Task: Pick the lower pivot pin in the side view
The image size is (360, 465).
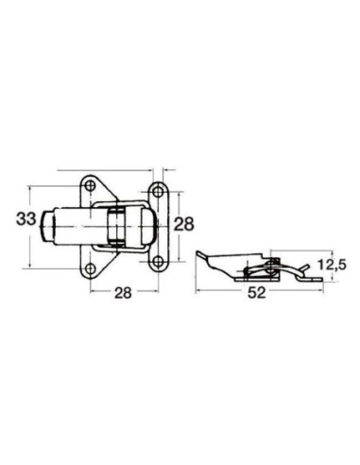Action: point(248,273)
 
